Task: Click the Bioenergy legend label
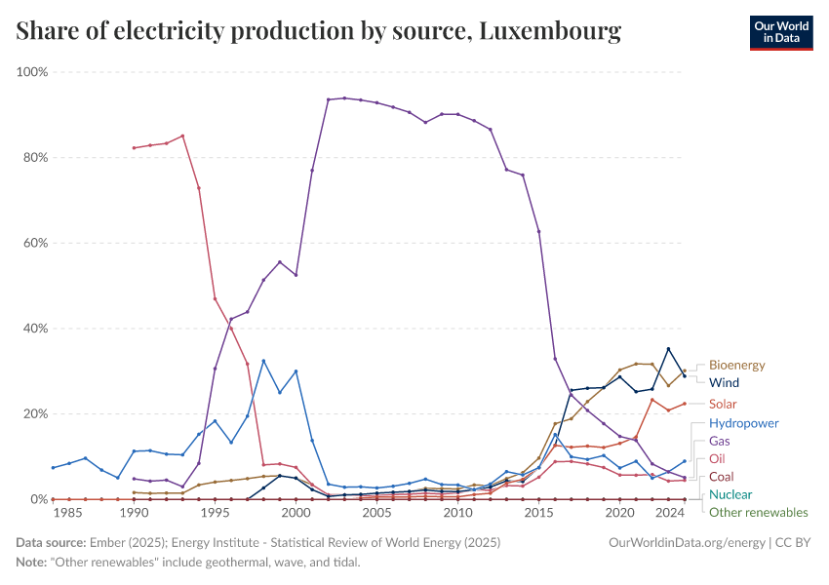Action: [x=736, y=366]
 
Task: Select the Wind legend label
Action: [x=724, y=383]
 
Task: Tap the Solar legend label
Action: [x=723, y=404]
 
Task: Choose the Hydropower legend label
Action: [x=743, y=424]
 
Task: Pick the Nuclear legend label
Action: [x=730, y=494]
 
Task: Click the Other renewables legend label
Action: [x=758, y=512]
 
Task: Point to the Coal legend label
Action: [x=722, y=477]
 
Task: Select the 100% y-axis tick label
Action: [x=29, y=72]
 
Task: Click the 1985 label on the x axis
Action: [x=68, y=513]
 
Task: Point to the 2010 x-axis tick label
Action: [x=457, y=513]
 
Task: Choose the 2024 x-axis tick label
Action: [x=668, y=513]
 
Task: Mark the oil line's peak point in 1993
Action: [x=182, y=136]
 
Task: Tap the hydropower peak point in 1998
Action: [x=263, y=361]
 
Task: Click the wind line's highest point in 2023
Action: [x=668, y=349]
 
